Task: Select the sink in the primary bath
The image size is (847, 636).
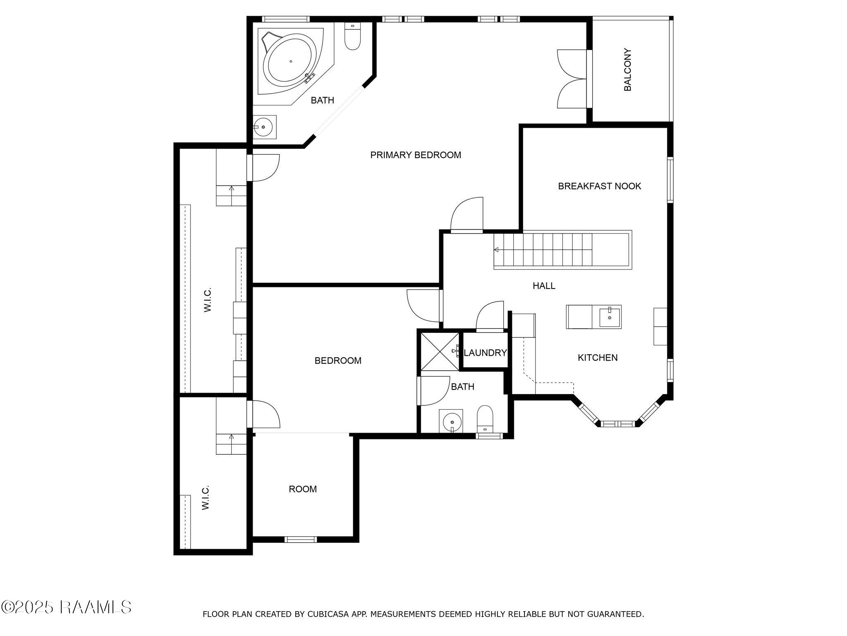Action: pos(263,127)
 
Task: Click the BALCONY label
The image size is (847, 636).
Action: pos(627,70)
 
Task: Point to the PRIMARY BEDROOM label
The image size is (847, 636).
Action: pos(415,155)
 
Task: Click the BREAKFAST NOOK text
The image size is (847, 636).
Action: pos(599,186)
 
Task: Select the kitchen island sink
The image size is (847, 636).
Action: pos(610,317)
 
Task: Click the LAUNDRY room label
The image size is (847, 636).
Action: pos(485,353)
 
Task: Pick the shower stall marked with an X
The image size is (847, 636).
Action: pos(439,351)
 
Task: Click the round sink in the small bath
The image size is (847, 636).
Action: pos(452,422)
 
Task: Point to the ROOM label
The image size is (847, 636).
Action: pos(303,489)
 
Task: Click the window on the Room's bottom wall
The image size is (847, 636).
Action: pos(301,539)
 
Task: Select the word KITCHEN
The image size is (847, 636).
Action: pos(597,357)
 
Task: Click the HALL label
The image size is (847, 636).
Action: pos(544,286)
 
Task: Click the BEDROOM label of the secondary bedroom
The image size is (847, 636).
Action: pos(338,361)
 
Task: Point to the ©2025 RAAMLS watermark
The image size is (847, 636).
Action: pos(66,607)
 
